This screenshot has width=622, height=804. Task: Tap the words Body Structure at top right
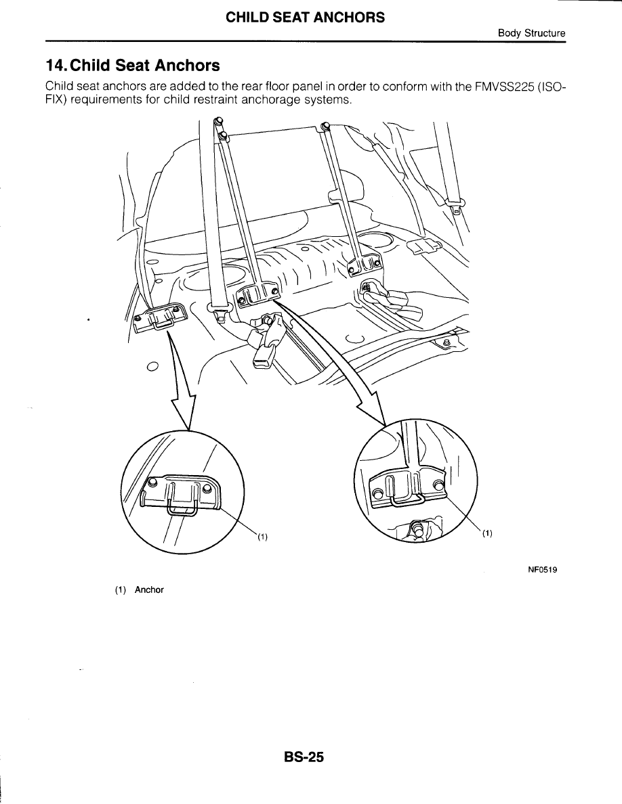532,33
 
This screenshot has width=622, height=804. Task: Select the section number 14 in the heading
54,66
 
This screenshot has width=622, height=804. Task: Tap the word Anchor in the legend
149,589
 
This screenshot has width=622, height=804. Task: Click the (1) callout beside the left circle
262,537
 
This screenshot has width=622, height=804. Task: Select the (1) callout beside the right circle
486,533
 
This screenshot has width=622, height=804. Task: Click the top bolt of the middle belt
325,127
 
